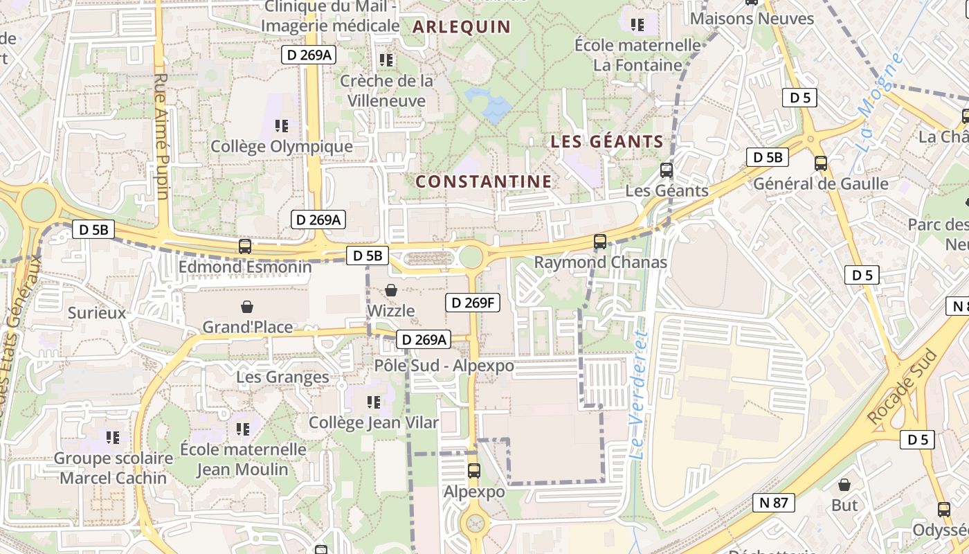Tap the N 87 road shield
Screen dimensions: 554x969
[x=773, y=502]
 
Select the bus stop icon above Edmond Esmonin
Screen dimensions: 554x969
[x=245, y=246]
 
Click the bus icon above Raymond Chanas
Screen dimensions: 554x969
[x=600, y=242]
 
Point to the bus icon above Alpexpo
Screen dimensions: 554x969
[x=474, y=471]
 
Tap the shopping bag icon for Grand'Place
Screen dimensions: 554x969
[x=247, y=306]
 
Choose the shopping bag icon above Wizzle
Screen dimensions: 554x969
[x=391, y=290]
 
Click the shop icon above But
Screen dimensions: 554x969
[x=844, y=485]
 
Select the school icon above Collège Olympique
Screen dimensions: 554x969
[x=282, y=126]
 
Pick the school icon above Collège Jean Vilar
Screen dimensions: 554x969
[x=374, y=402]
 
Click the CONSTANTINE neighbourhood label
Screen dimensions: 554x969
[x=484, y=182]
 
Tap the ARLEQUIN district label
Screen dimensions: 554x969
[x=462, y=27]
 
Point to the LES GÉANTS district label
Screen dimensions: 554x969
[x=607, y=142]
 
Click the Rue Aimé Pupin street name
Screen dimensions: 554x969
[x=162, y=136]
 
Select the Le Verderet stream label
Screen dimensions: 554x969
[x=640, y=388]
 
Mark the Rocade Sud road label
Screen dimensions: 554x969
[x=902, y=388]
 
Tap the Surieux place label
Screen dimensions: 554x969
[x=97, y=313]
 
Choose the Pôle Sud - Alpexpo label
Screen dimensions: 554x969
[x=444, y=366]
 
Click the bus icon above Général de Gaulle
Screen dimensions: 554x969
[x=821, y=163]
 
